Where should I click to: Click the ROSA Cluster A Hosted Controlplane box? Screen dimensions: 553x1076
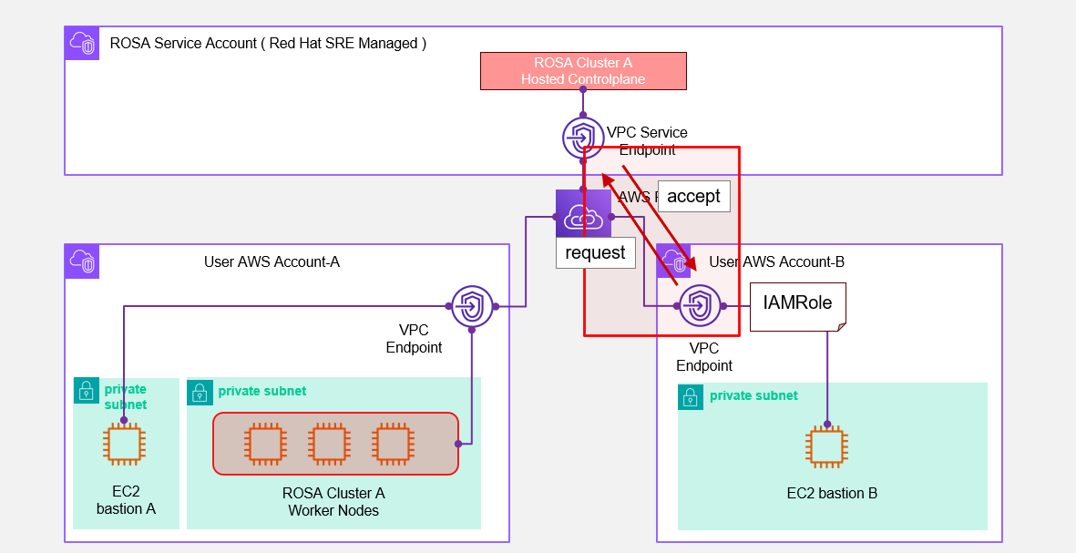pos(583,71)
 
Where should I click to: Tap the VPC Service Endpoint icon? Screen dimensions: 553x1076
pos(583,138)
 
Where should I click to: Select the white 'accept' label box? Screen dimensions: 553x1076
pos(693,196)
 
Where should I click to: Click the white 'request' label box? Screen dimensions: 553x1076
pos(595,252)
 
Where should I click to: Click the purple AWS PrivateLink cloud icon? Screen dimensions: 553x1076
pos(583,216)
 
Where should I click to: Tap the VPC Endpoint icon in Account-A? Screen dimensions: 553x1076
pos(472,306)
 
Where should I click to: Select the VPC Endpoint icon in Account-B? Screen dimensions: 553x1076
pos(701,306)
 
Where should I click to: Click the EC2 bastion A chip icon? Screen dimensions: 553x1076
pos(123,445)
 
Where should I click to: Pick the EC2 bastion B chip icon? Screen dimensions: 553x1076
pos(826,446)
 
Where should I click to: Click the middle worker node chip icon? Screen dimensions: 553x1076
pos(329,444)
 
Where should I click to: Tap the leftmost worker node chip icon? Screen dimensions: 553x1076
pos(265,444)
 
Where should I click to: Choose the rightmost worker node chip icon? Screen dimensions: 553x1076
pos(393,444)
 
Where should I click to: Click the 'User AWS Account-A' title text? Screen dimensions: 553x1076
pos(272,262)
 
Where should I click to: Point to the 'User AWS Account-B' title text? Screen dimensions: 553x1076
pos(777,262)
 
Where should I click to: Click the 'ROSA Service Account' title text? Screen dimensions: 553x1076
pos(268,43)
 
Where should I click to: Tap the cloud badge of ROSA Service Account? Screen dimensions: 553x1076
pos(82,43)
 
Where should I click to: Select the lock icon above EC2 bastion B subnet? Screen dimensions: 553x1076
pos(691,396)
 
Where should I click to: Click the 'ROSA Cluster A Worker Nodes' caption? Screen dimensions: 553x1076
pos(333,502)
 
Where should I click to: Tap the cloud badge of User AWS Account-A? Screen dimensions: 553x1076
pos(82,261)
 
